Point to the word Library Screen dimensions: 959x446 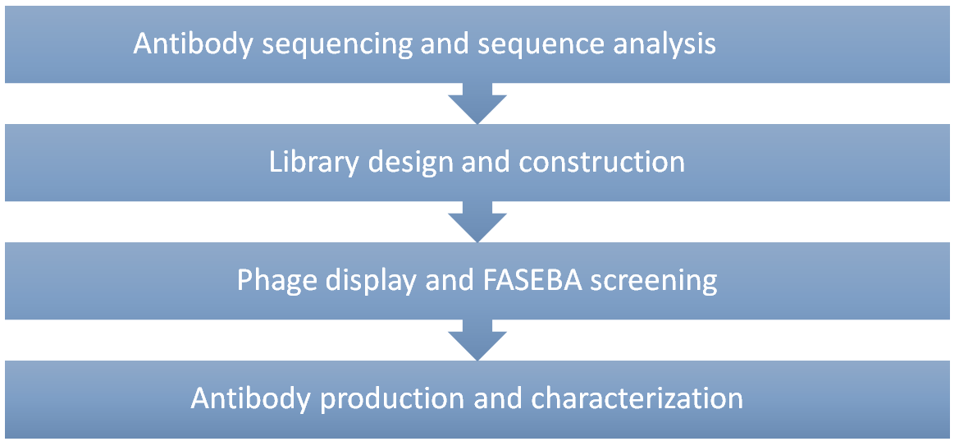308,163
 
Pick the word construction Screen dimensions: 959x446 601,163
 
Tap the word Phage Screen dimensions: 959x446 275,282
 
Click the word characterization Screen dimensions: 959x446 636,399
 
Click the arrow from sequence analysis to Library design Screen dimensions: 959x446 477,103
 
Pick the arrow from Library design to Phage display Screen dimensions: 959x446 477,222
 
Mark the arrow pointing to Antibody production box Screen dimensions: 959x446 477,340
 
